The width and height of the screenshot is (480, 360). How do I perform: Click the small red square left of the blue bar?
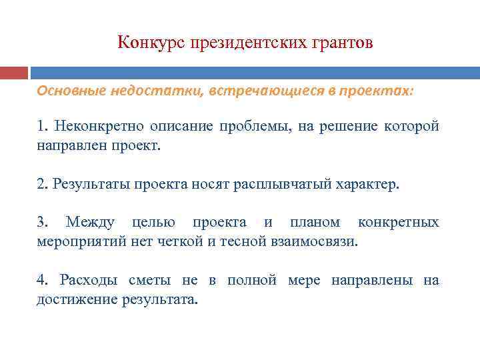pos(13,72)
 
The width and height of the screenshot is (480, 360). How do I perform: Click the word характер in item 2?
pos(366,184)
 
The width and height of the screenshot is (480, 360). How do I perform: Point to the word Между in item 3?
pos(90,222)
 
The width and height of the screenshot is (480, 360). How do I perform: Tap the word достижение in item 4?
pos(77,299)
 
